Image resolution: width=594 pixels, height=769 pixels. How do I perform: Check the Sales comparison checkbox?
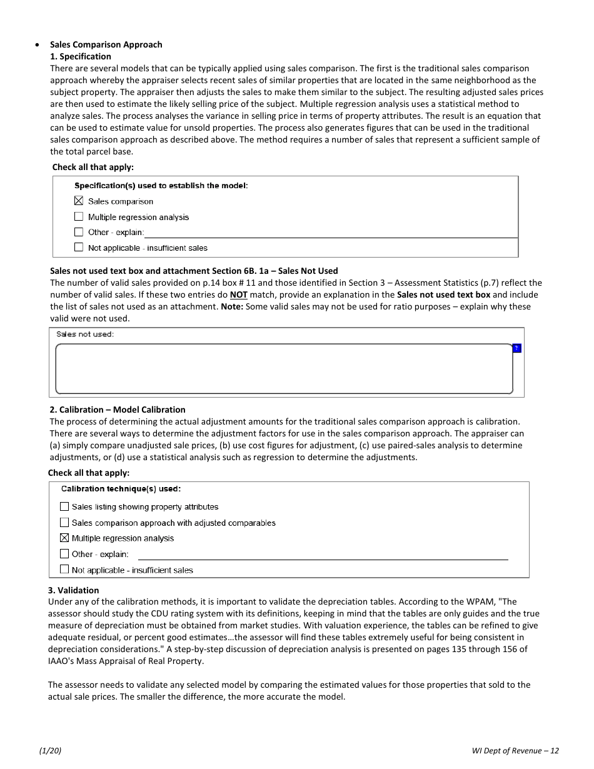point(79,201)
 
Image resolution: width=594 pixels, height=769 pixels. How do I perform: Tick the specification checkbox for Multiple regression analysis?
point(79,217)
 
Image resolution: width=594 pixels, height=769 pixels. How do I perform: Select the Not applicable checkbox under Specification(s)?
point(79,248)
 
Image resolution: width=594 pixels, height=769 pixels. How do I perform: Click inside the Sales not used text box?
point(284,369)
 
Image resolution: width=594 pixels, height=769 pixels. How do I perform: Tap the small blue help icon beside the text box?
point(516,348)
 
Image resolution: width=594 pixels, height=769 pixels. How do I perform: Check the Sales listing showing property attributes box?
point(64,507)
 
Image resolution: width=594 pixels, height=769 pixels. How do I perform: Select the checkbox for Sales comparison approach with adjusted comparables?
point(64,523)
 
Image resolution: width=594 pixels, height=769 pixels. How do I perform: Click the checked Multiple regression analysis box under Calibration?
point(64,538)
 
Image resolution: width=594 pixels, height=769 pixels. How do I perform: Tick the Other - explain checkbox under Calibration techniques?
point(64,554)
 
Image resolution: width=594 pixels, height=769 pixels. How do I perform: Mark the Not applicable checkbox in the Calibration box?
point(64,570)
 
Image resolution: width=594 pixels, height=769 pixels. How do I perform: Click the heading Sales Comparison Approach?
point(106,44)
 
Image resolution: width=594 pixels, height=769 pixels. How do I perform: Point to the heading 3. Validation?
point(74,590)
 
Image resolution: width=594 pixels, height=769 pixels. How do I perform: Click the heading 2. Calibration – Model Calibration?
point(118,410)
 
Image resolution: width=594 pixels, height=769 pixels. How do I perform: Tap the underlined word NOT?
point(238,294)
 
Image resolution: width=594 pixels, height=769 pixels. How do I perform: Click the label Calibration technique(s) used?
point(121,489)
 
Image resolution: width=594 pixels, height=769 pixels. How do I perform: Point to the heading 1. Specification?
point(81,56)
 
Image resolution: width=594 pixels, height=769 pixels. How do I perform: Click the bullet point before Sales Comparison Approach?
point(38,45)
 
